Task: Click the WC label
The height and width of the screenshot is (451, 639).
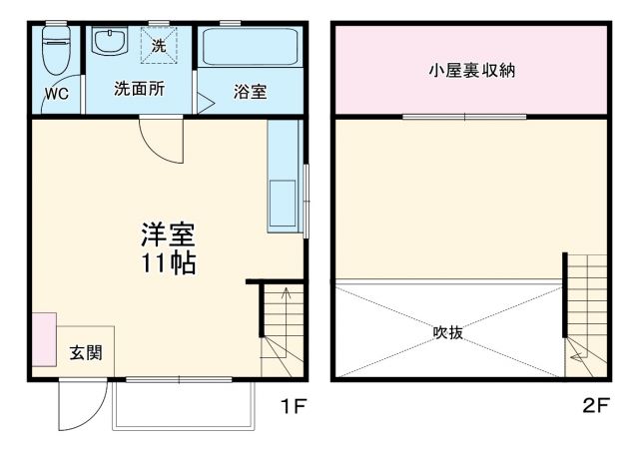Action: [x=55, y=97]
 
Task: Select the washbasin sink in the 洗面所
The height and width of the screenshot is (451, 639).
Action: [x=107, y=43]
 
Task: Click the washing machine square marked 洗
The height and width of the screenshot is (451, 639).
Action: [x=160, y=46]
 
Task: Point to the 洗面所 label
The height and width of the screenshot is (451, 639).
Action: [x=139, y=88]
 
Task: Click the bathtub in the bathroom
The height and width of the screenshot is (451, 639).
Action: [x=251, y=47]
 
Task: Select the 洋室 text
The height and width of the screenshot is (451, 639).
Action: [x=167, y=236]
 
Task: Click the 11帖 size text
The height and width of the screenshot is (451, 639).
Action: [x=167, y=263]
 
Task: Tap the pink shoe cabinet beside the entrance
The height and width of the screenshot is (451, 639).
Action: [x=44, y=339]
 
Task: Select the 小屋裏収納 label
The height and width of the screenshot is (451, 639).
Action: [x=472, y=71]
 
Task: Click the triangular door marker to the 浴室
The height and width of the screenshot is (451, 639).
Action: [x=204, y=101]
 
